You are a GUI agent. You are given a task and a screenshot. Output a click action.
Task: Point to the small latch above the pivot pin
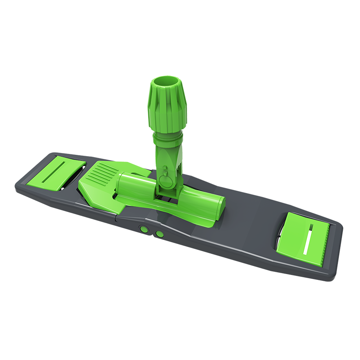click(164, 170)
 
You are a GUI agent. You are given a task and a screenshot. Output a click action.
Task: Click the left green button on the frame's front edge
click(144, 229)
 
